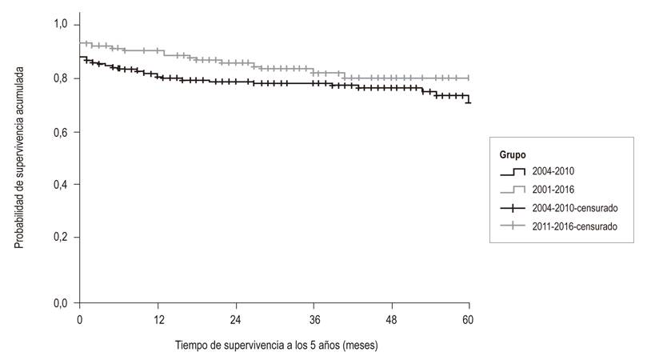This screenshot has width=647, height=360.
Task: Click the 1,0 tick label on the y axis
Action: coord(62,26)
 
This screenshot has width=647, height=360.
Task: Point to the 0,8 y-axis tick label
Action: coord(62,78)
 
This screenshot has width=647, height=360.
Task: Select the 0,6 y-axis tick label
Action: coord(62,131)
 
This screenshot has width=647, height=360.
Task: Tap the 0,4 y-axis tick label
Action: coord(62,185)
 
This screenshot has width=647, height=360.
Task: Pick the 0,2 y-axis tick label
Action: coord(62,238)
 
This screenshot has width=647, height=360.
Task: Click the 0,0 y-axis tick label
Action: coord(62,303)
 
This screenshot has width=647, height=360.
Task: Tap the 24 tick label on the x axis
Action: coord(235,318)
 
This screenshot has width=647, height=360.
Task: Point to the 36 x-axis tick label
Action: coord(314,318)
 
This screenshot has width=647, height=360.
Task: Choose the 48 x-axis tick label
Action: coord(391,318)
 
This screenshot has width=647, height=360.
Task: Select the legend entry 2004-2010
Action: coord(553,171)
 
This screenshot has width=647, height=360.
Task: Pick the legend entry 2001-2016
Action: coord(553,190)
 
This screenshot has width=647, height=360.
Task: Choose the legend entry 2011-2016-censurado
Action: coord(573,226)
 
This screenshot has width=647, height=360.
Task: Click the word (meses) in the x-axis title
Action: coord(357,346)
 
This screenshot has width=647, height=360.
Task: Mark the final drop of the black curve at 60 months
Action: coord(469,99)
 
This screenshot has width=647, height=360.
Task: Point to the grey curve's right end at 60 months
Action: coord(469,78)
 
